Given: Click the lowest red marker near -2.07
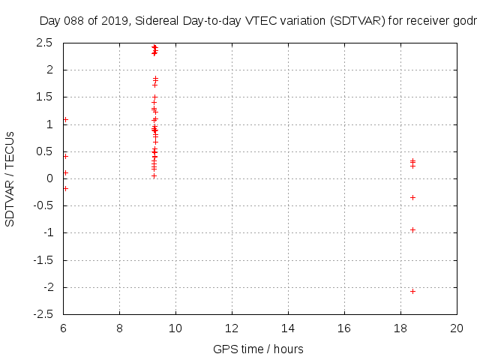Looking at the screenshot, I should (412, 291).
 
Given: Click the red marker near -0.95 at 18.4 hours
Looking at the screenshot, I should (412, 229).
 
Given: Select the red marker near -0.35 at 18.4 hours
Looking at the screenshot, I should (412, 197).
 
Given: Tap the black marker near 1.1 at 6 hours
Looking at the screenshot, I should (65, 119).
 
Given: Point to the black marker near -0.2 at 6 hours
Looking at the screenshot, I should (65, 188).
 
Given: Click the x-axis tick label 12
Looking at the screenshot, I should (232, 328).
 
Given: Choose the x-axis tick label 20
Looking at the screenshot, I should (457, 328).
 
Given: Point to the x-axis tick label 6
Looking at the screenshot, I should (63, 328).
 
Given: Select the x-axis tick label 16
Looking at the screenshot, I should (344, 328).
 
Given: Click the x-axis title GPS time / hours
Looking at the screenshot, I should (258, 349).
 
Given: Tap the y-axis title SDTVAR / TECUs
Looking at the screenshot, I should (10, 178).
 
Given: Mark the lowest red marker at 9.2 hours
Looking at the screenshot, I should (154, 175).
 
